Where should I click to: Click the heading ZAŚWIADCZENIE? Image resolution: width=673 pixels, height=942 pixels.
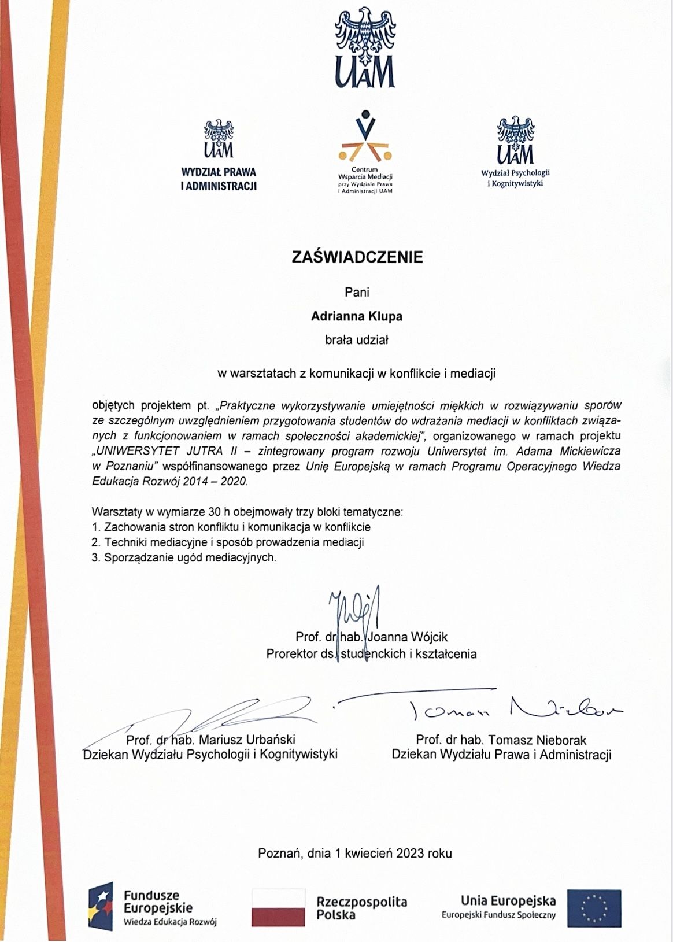(357, 257)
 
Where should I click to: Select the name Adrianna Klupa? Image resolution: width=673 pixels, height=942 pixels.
(356, 316)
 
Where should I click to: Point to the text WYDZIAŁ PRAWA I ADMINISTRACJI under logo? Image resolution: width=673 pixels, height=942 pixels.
(219, 179)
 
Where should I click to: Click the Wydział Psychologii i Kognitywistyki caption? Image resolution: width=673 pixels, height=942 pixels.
(515, 178)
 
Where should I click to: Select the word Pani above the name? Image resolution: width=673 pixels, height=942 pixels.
(357, 292)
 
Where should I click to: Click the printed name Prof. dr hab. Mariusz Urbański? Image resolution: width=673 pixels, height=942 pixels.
(211, 740)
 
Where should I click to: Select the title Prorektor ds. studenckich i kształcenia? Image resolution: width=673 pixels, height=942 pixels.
(371, 654)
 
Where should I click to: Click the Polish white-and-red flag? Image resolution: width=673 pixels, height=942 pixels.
(278, 908)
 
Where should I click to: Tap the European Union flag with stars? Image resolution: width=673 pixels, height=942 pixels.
(594, 908)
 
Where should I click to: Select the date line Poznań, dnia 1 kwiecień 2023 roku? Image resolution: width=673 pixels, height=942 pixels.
(355, 853)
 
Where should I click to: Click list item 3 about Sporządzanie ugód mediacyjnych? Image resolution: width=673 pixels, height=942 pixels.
(184, 558)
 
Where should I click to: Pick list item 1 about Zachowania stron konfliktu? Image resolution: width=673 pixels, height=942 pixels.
(231, 527)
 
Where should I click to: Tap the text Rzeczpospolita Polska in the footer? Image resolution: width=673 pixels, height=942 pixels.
(361, 908)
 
